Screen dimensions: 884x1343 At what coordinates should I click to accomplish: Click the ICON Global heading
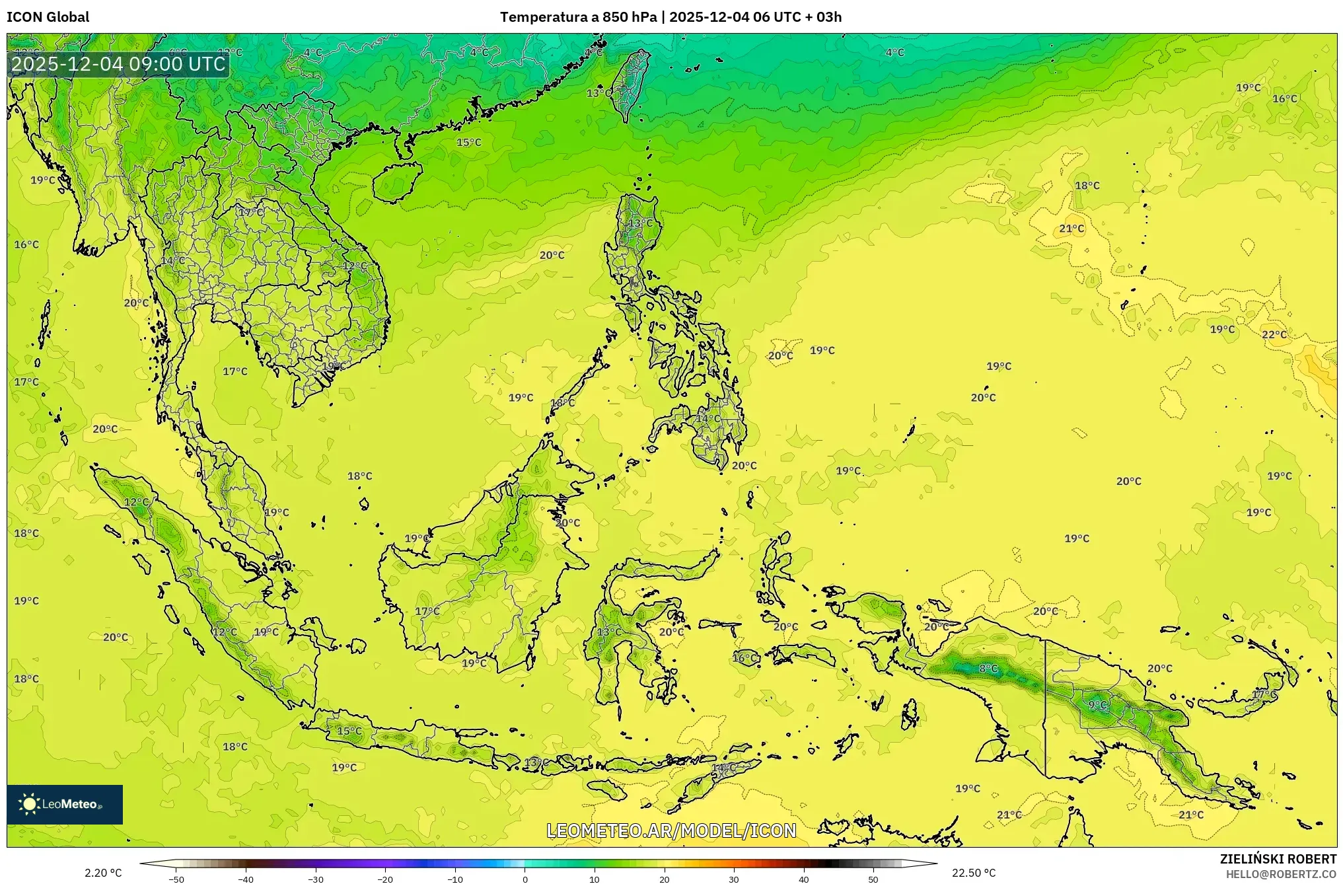pyautogui.click(x=48, y=17)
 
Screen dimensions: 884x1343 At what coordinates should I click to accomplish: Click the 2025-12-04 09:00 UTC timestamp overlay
pyautogui.click(x=118, y=64)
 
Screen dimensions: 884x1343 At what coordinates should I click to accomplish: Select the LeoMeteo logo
pyautogui.click(x=64, y=804)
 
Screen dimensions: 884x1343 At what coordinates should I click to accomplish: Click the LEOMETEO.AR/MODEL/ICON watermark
pyautogui.click(x=671, y=830)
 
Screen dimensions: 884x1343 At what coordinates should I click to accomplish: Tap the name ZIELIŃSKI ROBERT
pyautogui.click(x=1278, y=859)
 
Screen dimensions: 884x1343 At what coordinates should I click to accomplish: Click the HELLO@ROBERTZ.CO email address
pyautogui.click(x=1281, y=874)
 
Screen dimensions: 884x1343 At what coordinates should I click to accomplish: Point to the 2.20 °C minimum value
pyautogui.click(x=103, y=873)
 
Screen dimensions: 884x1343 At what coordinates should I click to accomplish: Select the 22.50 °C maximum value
pyautogui.click(x=973, y=873)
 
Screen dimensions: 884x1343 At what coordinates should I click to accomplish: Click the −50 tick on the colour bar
pyautogui.click(x=176, y=879)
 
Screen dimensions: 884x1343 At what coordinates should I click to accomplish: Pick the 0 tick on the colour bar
pyautogui.click(x=525, y=879)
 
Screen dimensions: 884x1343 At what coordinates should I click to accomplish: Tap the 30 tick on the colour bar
pyautogui.click(x=734, y=879)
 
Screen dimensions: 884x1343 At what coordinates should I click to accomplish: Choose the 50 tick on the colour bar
pyautogui.click(x=873, y=879)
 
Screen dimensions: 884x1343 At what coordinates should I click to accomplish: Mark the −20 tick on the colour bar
pyautogui.click(x=385, y=879)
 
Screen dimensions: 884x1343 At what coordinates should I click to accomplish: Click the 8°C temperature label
pyautogui.click(x=988, y=669)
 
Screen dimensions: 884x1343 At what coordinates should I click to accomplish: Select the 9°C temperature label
pyautogui.click(x=1097, y=705)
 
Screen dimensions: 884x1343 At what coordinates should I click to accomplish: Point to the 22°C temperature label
pyautogui.click(x=1274, y=335)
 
